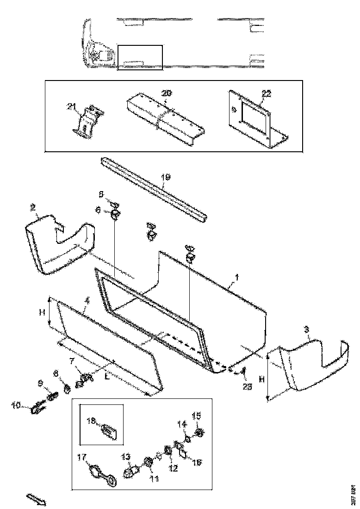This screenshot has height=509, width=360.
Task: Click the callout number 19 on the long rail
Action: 166,177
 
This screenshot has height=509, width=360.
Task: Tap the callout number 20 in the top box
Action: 166,93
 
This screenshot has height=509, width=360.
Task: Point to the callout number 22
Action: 266,93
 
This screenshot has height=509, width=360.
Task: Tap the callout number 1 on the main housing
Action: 236,278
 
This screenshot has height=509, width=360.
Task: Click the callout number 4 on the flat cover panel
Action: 86,301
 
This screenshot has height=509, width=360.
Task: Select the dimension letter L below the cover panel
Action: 107,377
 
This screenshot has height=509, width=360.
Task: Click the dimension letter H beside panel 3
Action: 261,379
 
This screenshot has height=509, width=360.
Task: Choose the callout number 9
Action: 40,383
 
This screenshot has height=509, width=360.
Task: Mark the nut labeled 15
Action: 200,433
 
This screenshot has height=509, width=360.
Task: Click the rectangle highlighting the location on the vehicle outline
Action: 140,58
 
